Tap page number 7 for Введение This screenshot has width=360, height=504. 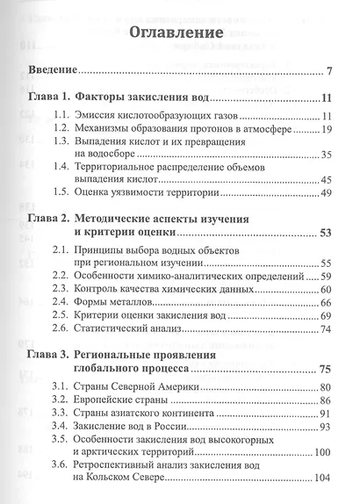(326, 71)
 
